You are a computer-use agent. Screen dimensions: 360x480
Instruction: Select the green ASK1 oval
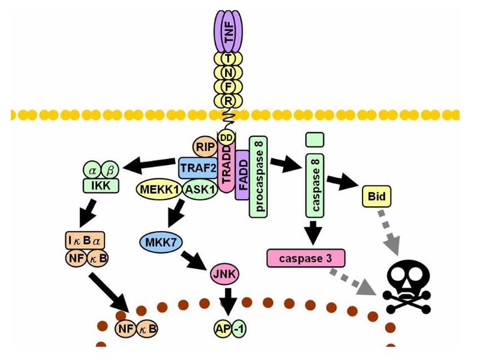pyautogui.click(x=201, y=190)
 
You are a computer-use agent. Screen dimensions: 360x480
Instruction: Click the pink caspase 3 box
pyautogui.click(x=306, y=259)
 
